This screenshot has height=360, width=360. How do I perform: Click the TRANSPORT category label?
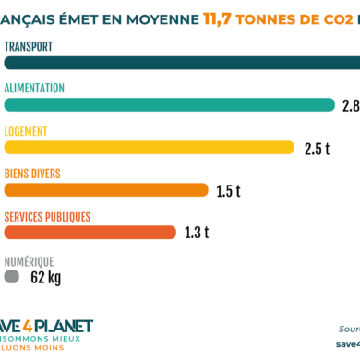click(x=28, y=45)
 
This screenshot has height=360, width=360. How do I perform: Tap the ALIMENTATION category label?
click(x=34, y=88)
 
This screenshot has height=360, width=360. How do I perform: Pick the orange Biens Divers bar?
click(x=106, y=190)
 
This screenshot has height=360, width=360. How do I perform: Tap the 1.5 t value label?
click(x=228, y=191)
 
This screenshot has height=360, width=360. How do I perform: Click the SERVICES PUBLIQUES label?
click(x=47, y=216)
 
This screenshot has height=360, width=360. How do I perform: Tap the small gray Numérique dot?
click(x=12, y=276)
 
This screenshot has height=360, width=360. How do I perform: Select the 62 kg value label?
click(x=45, y=276)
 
